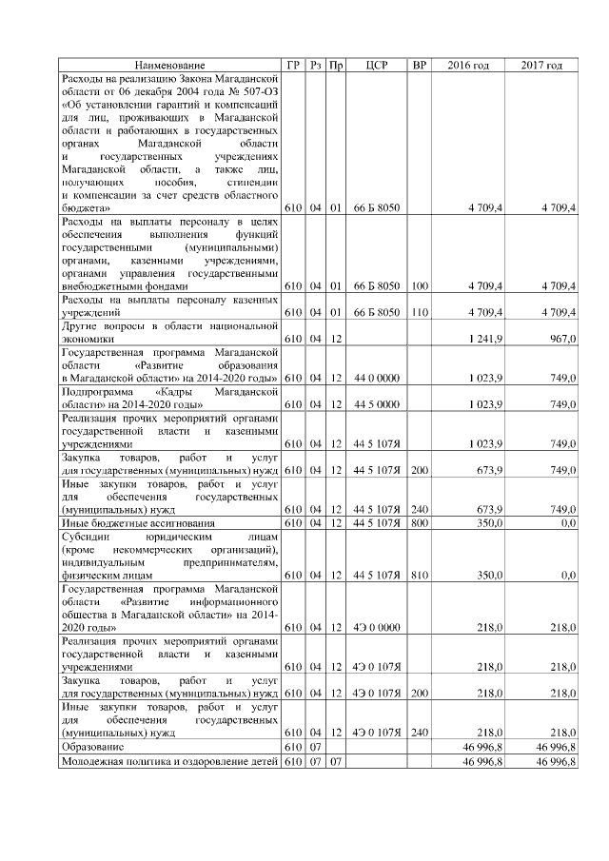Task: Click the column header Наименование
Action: (169, 65)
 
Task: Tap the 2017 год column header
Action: (541, 65)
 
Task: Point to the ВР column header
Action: (418, 65)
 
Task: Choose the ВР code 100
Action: (420, 285)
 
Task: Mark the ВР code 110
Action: (420, 311)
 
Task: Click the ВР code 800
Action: (420, 522)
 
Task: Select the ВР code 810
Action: (420, 576)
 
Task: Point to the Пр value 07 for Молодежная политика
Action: (335, 762)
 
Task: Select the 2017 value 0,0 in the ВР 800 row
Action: (567, 522)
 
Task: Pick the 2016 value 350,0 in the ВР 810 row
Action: (485, 576)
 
